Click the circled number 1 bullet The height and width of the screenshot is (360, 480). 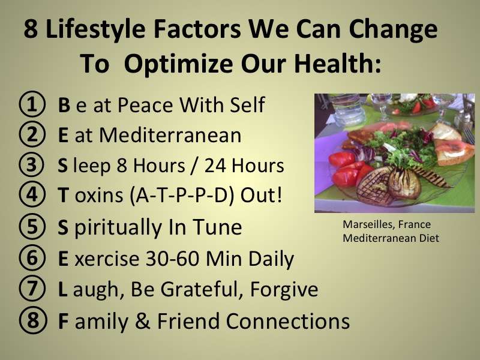[x=32, y=104]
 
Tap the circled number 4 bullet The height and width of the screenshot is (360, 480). [x=32, y=194]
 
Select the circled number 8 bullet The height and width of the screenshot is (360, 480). [x=33, y=320]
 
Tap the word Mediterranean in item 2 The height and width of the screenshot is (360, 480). [x=170, y=134]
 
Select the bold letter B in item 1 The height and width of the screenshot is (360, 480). [x=64, y=104]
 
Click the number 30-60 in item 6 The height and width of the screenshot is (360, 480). [x=172, y=259]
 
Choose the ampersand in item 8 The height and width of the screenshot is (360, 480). [x=142, y=321]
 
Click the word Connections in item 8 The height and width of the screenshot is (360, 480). [x=288, y=321]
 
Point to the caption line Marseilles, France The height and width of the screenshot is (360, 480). [x=386, y=224]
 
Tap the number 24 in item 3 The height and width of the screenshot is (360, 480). [x=215, y=166]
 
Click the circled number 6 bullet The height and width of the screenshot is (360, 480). [x=32, y=258]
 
